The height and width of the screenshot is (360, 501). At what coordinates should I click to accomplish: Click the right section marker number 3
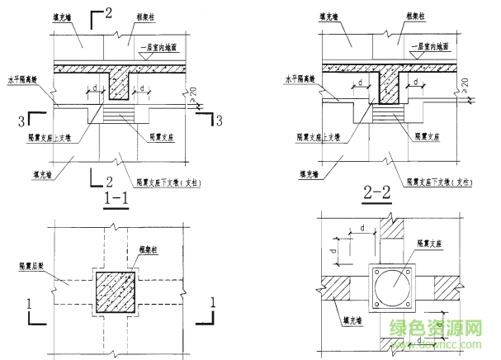(x=219, y=122)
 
